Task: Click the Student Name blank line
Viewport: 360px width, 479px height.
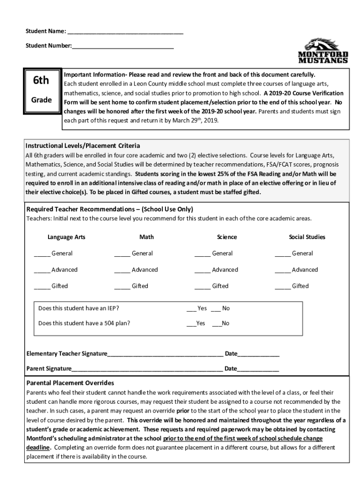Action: pyautogui.click(x=125, y=32)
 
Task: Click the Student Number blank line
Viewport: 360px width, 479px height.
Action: pyautogui.click(x=123, y=47)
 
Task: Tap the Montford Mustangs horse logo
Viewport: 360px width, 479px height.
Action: pyautogui.click(x=323, y=51)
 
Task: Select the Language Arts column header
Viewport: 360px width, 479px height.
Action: pyautogui.click(x=66, y=237)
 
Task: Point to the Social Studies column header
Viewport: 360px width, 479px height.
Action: pyautogui.click(x=307, y=237)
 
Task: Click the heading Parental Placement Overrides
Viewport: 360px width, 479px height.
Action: pyautogui.click(x=70, y=383)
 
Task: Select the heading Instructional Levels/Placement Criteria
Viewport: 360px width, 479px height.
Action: pyautogui.click(x=83, y=146)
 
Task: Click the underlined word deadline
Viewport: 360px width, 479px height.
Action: pyautogui.click(x=37, y=448)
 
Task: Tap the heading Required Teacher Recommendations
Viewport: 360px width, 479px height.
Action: pyautogui.click(x=109, y=209)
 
